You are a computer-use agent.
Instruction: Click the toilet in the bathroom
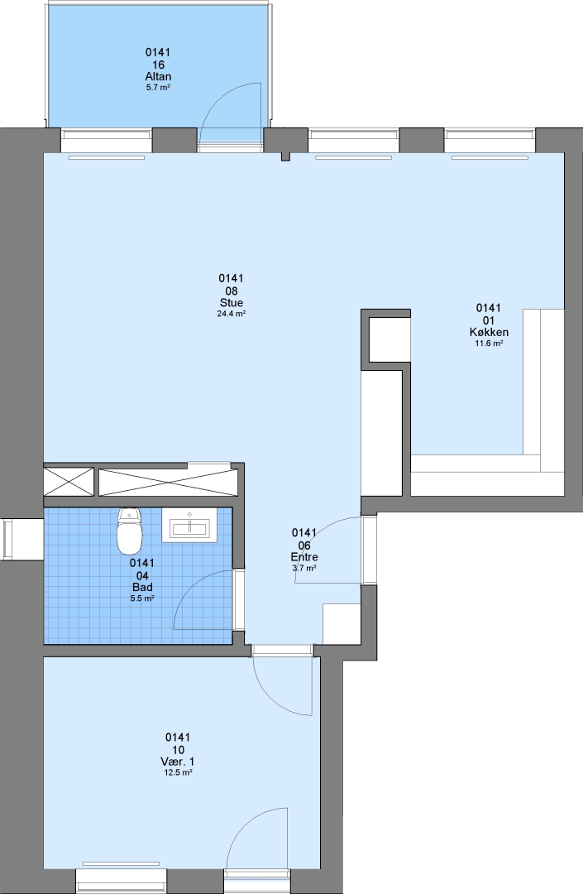(129, 531)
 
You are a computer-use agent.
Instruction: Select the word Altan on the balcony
(158, 76)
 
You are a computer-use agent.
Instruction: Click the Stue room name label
(232, 303)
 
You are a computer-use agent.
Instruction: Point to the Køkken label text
(489, 332)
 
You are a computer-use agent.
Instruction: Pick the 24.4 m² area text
(232, 314)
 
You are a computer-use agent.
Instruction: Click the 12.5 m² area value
(178, 772)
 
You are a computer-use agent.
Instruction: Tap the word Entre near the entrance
(304, 557)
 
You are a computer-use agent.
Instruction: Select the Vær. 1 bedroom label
(178, 762)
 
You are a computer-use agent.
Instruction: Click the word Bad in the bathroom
(142, 587)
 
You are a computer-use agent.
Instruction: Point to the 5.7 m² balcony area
(158, 88)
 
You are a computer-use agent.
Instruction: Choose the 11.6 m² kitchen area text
(489, 344)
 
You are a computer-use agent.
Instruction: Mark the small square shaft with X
(69, 482)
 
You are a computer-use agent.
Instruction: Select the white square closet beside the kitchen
(389, 339)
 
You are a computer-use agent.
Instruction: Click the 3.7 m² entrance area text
(304, 569)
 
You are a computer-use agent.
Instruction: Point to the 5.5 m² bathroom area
(142, 598)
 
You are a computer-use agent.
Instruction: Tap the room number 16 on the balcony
(158, 65)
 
